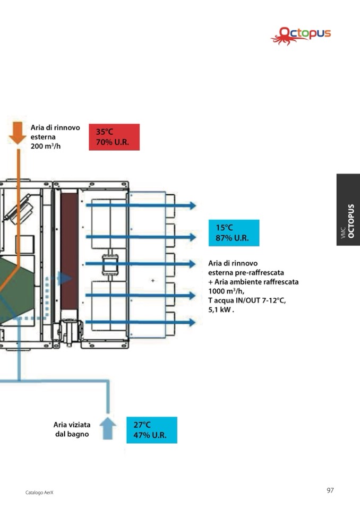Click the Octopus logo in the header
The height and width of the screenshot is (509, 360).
click(x=301, y=35)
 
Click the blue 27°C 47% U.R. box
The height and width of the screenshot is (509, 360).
click(x=151, y=430)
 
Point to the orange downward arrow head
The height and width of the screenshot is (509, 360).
click(x=18, y=137)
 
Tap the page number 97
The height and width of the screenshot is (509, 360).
click(x=330, y=490)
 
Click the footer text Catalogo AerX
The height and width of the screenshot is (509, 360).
click(x=40, y=493)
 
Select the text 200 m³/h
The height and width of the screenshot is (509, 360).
click(x=46, y=145)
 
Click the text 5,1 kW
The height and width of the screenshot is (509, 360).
click(x=221, y=310)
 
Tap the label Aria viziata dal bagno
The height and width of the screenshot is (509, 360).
click(x=72, y=429)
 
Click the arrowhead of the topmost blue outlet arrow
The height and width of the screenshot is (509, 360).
click(x=193, y=205)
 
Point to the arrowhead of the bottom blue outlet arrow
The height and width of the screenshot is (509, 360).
click(x=193, y=322)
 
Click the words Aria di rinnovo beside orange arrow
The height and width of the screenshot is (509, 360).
click(x=55, y=127)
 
